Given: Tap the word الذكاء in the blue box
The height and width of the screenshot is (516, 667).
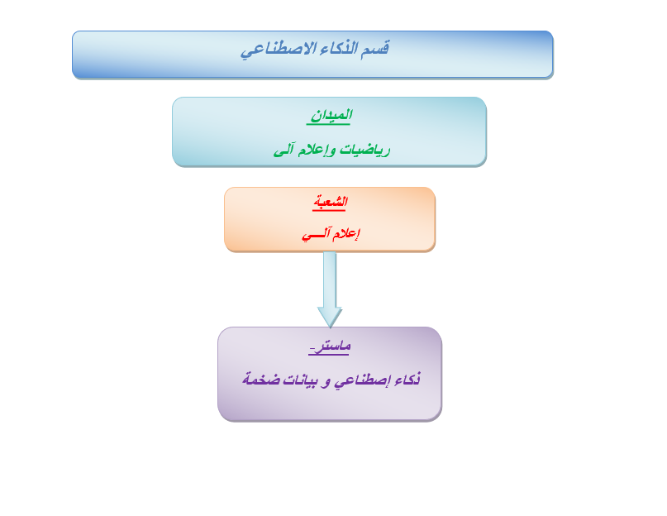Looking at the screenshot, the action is point(339,49).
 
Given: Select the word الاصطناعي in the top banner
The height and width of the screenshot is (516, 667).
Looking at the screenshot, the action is point(279,50).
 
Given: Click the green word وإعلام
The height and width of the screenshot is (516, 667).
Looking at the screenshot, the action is point(316,150).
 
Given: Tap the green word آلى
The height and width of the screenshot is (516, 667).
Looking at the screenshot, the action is point(283,150).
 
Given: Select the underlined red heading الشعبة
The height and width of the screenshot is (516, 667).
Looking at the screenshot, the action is point(331,201).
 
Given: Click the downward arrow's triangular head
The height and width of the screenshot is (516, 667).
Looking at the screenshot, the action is point(330,317).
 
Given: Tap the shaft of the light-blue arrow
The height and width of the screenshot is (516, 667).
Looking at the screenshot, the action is point(330,279).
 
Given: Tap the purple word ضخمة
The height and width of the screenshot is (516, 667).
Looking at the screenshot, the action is point(260,379).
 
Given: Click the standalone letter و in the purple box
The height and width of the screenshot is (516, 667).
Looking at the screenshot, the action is point(326,381).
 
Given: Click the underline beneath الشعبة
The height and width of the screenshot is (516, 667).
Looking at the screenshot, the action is point(329,209).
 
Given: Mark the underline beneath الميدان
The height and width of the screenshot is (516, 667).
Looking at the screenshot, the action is point(328,124).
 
